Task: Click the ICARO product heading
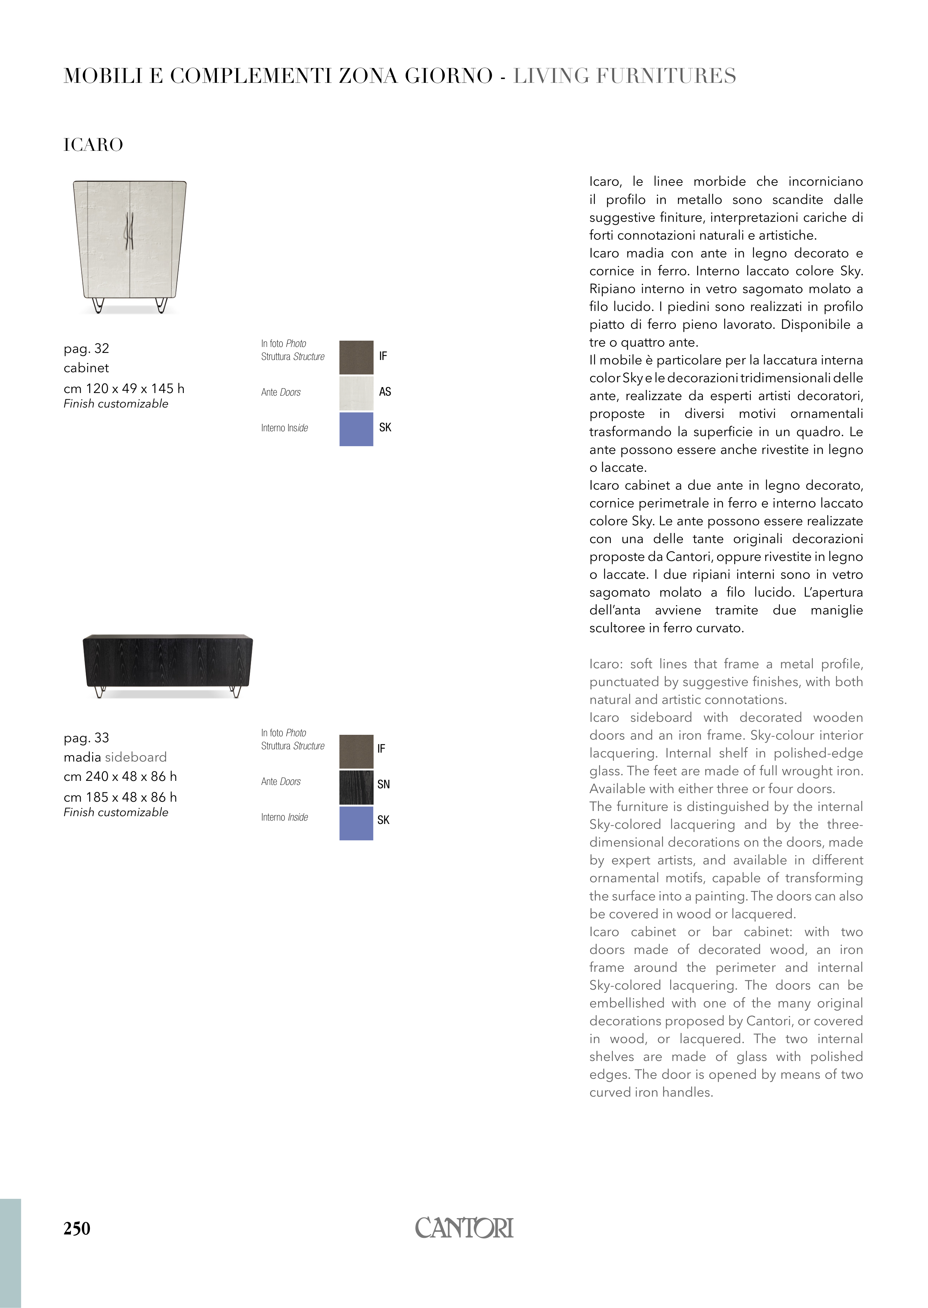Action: pyautogui.click(x=93, y=145)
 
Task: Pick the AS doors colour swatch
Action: pyautogui.click(x=356, y=393)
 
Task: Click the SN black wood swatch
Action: pyautogui.click(x=356, y=787)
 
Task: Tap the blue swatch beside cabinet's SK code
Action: pyautogui.click(x=356, y=429)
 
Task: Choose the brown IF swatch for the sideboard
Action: pyautogui.click(x=356, y=751)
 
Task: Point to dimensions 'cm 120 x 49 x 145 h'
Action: pyautogui.click(x=124, y=389)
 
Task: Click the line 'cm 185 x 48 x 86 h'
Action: pyautogui.click(x=120, y=797)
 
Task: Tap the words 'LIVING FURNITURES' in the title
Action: pyautogui.click(x=625, y=76)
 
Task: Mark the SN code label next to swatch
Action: pyautogui.click(x=384, y=784)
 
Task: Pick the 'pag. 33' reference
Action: pyautogui.click(x=86, y=737)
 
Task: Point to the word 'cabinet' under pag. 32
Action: pyautogui.click(x=86, y=368)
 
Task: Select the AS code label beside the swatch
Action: pyautogui.click(x=385, y=392)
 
